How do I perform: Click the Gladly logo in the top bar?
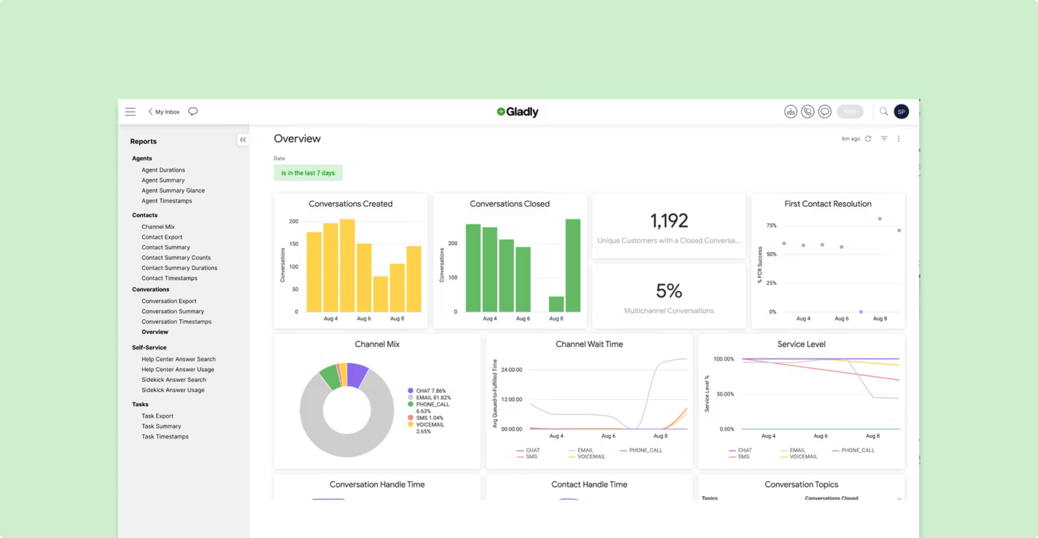tap(517, 112)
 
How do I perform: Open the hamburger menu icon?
tap(130, 112)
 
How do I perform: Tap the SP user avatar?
tap(901, 112)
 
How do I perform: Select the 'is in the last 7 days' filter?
tap(308, 173)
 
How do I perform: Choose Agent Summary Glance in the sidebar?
tap(173, 190)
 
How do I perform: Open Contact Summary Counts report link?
tap(176, 257)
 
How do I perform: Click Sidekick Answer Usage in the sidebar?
tap(173, 390)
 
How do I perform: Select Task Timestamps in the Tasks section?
tap(165, 436)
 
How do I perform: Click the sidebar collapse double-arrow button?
tap(242, 140)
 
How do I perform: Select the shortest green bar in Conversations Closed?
tap(556, 304)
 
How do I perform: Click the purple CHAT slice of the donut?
tap(356, 374)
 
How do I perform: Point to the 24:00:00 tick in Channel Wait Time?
tap(511, 369)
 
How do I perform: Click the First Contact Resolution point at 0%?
tap(861, 312)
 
